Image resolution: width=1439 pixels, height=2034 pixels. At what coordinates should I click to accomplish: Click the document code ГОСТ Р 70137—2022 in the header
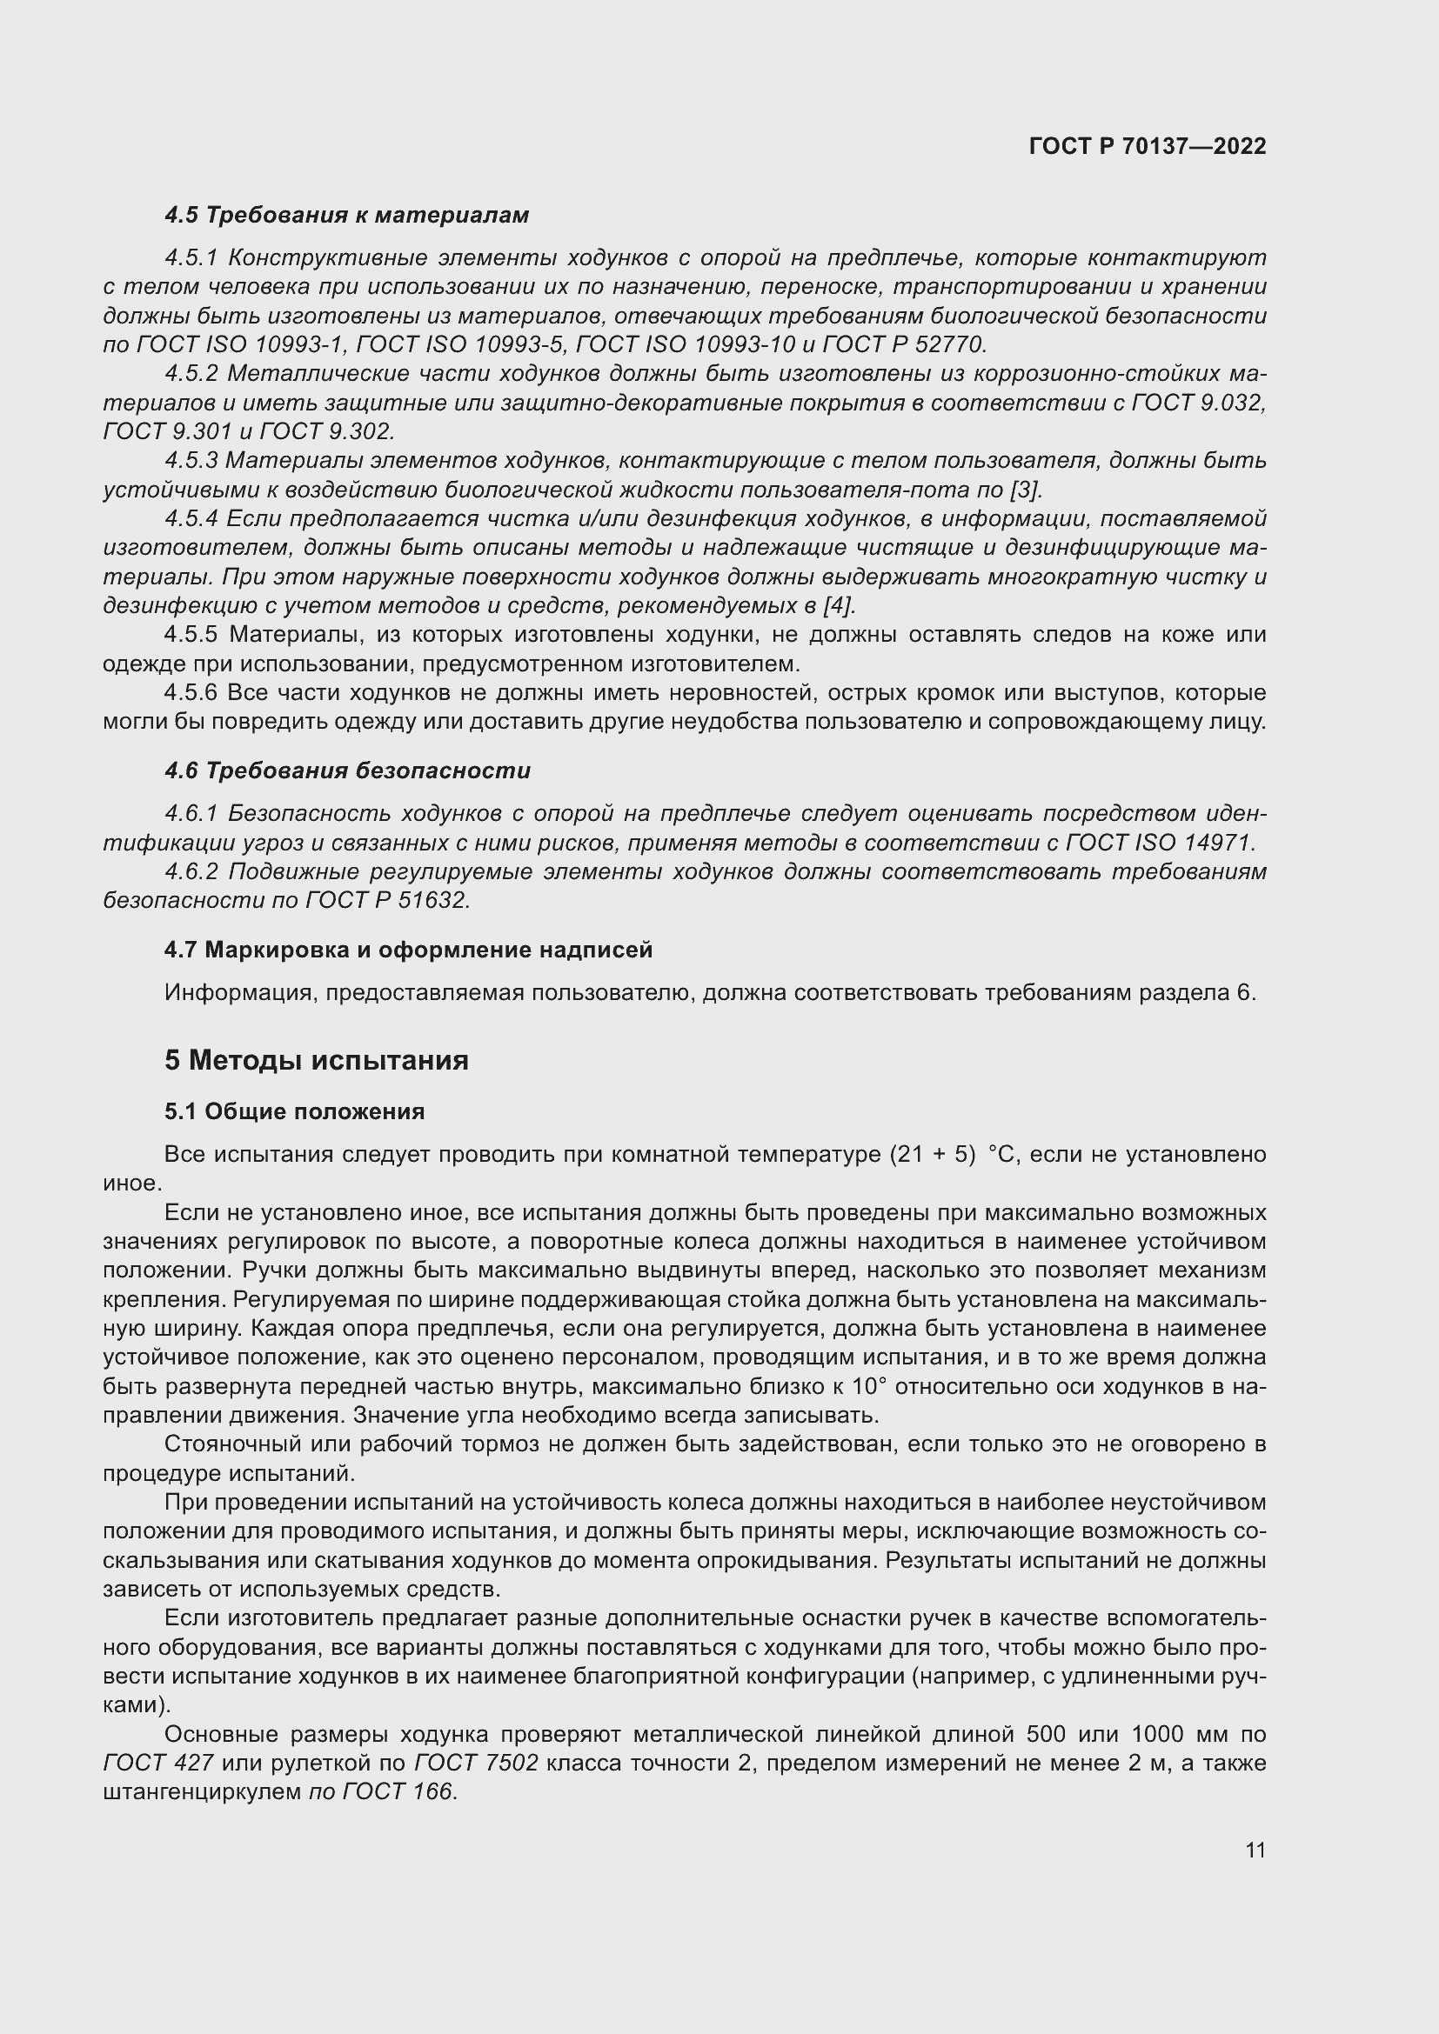point(1147,146)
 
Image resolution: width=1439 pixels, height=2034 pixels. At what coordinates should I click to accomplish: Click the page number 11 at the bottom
point(1255,1850)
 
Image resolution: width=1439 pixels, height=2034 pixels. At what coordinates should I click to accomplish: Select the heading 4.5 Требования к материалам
point(346,216)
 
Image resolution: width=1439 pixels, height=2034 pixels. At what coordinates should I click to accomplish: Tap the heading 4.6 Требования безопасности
point(347,770)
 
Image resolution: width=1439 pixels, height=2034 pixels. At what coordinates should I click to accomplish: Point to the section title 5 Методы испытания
point(317,1059)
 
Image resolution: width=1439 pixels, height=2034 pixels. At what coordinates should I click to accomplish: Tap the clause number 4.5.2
point(191,374)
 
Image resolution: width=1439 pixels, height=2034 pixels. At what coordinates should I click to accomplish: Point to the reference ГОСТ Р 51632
point(386,900)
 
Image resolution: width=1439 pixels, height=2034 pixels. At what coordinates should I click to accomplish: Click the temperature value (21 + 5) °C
point(954,1154)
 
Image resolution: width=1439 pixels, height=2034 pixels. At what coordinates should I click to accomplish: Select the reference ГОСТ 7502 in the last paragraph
point(476,1763)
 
